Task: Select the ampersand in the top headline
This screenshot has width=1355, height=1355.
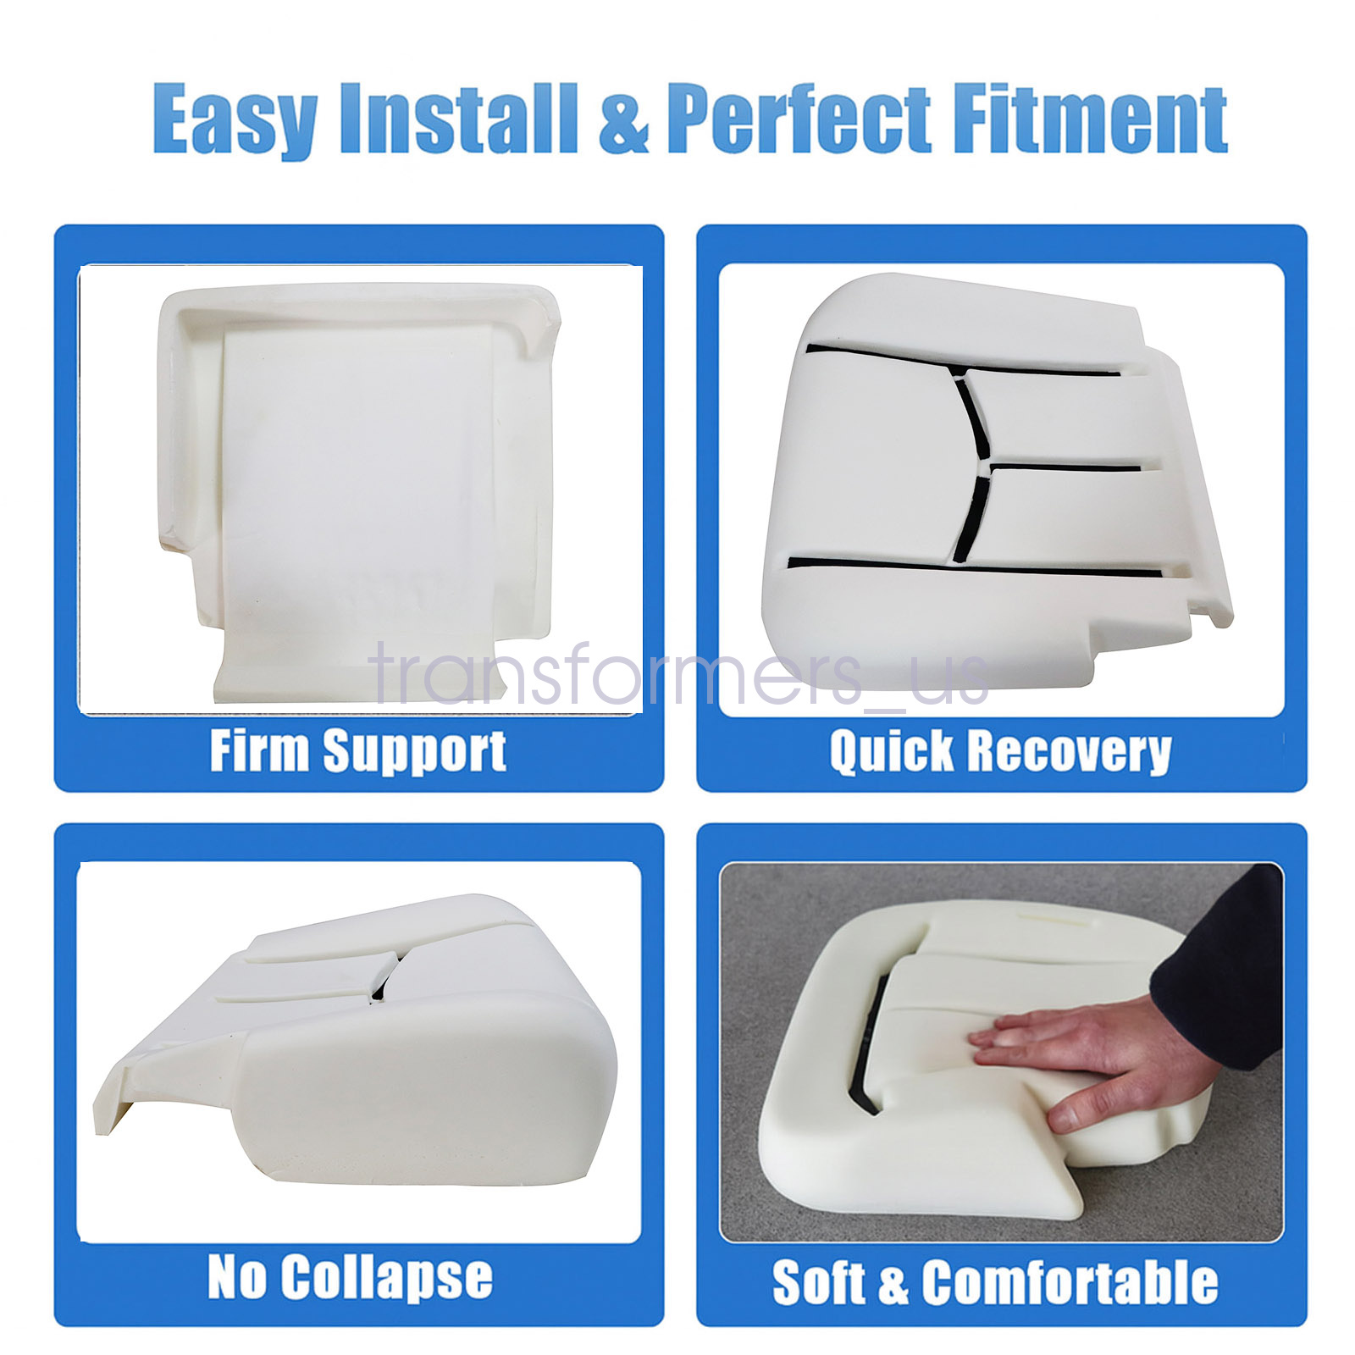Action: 622,119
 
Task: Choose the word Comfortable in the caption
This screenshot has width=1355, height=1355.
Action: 1070,1282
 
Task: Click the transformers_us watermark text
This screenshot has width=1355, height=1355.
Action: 680,675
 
